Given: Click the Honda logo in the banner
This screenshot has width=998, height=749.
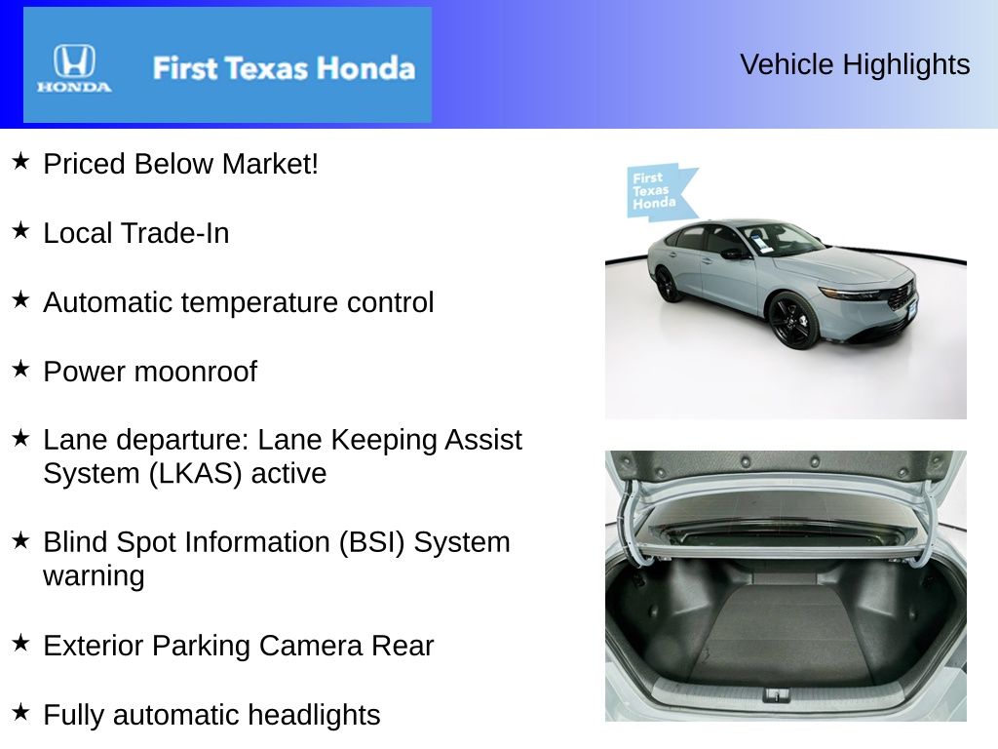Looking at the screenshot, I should (74, 67).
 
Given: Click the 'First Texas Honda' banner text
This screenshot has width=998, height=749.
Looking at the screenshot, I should (283, 68).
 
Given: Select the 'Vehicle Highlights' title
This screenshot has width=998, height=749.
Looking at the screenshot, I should (855, 64).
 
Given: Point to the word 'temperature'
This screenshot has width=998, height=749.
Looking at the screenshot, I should (247, 302).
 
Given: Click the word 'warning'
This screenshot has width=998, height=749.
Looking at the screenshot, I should (94, 576).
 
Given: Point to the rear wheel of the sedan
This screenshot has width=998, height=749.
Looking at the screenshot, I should (669, 284).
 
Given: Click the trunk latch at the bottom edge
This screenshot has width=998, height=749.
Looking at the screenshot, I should (777, 694).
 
